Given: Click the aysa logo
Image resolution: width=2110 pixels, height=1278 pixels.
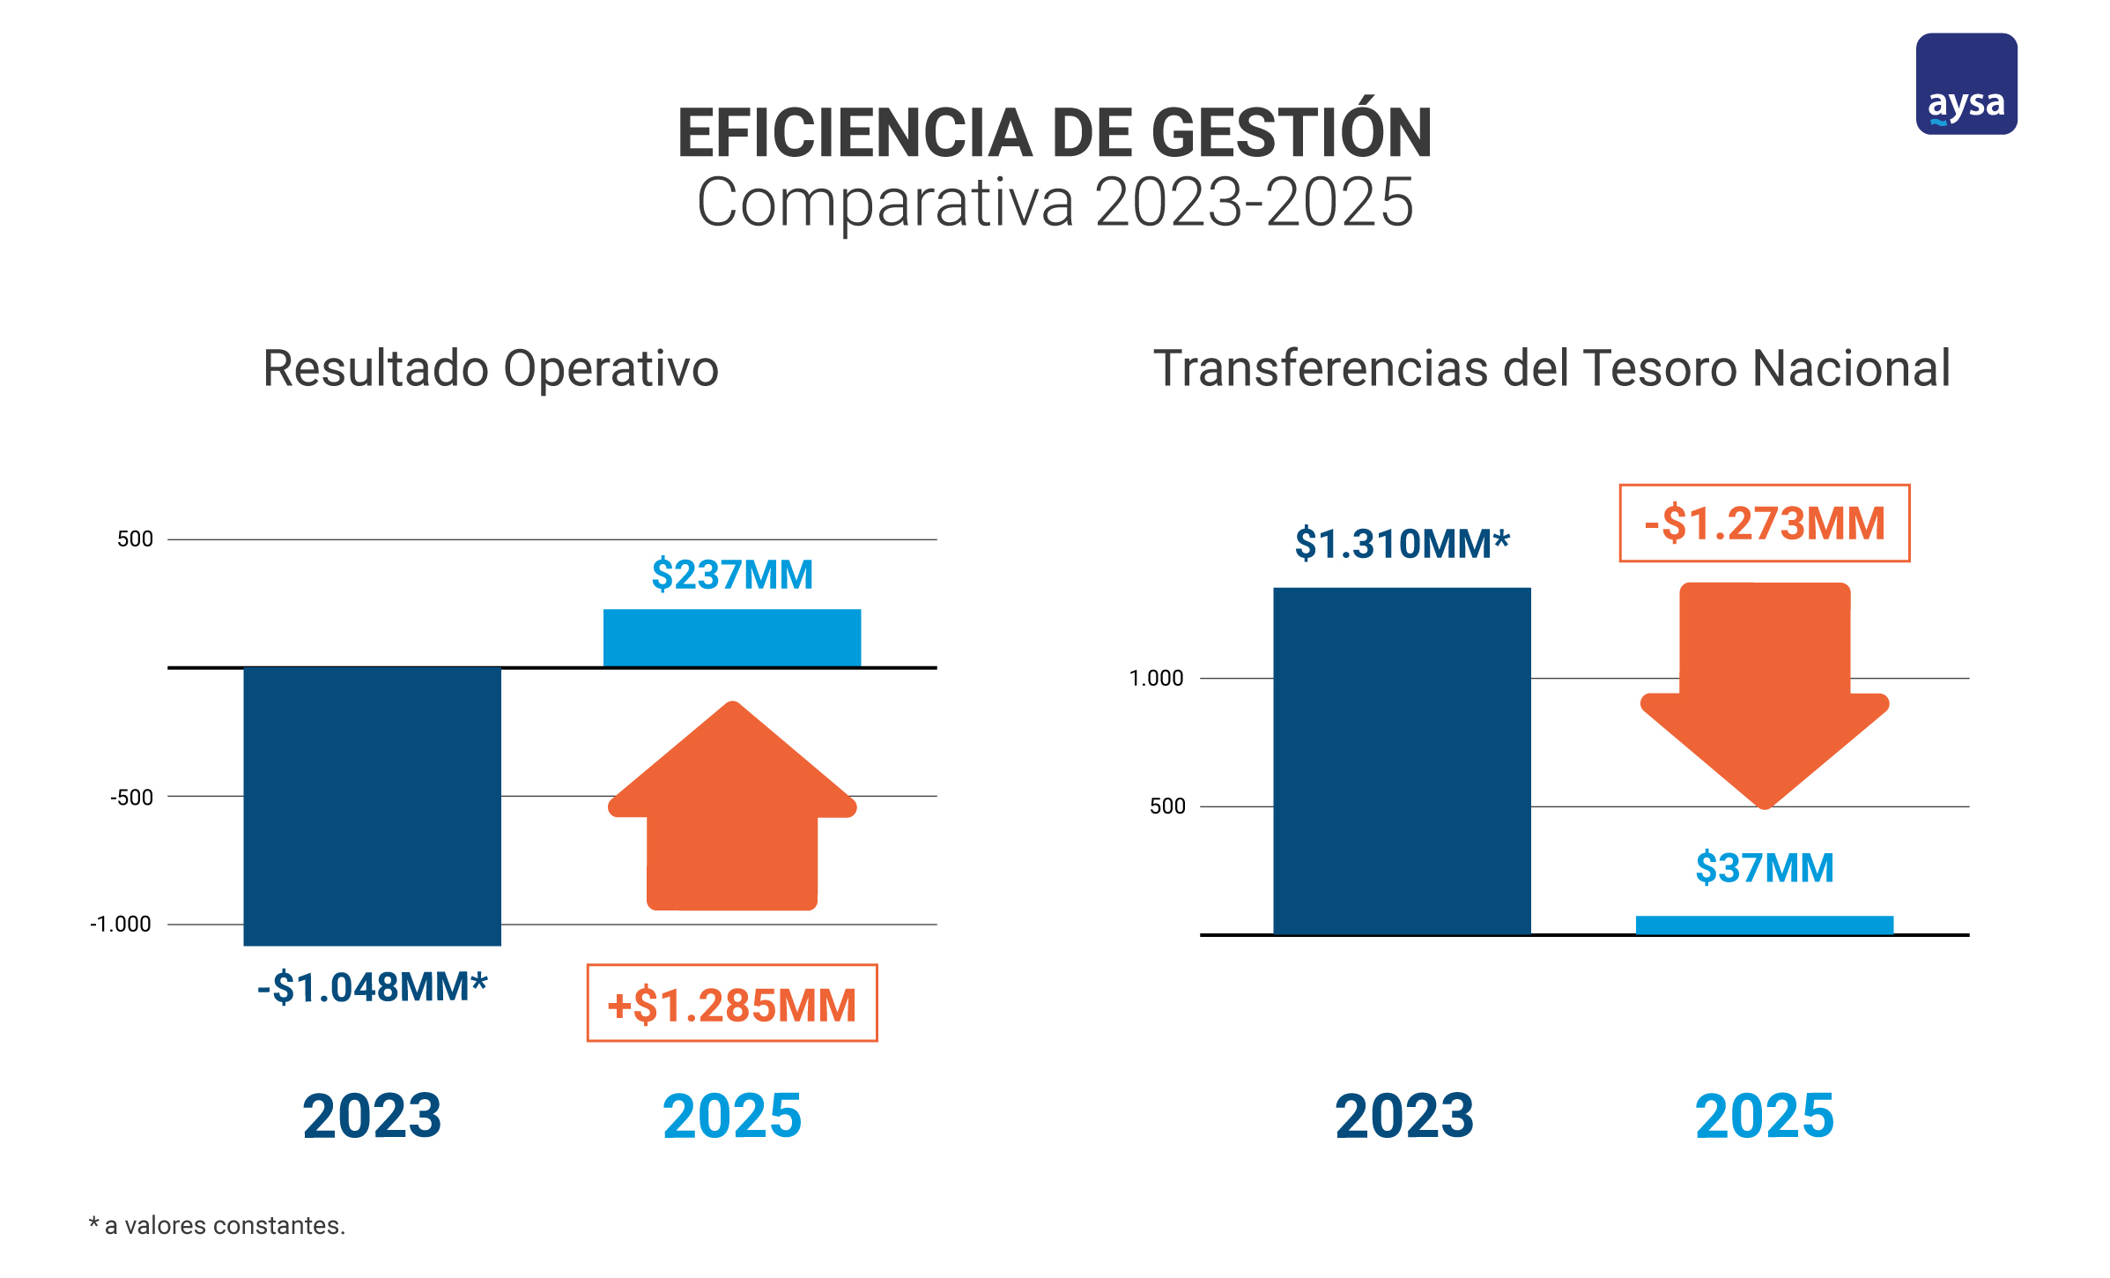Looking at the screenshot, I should (1966, 85).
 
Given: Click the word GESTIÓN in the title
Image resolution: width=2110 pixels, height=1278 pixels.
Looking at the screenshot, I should (1292, 134).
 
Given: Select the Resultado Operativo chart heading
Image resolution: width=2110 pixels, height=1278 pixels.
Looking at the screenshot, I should (491, 368).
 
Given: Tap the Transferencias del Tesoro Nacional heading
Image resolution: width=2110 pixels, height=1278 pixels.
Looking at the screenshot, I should (1551, 368).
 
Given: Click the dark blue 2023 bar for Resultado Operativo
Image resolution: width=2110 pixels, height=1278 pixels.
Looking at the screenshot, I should (372, 806).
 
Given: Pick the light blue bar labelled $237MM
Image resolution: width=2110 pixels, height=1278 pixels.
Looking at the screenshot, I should (731, 637).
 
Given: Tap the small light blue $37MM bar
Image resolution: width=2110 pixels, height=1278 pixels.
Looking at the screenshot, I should (1764, 925).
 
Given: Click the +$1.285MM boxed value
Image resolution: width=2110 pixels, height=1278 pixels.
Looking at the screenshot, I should (732, 1004).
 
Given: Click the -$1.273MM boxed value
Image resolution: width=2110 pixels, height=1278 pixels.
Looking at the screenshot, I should (1764, 523).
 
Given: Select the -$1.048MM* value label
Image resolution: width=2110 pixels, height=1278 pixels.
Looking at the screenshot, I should (372, 986).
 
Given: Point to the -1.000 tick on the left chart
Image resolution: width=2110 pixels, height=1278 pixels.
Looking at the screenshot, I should (121, 924).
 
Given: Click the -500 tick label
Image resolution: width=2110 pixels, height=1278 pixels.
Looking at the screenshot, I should (131, 797).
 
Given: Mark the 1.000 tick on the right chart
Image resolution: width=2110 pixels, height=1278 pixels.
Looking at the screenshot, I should (1156, 678).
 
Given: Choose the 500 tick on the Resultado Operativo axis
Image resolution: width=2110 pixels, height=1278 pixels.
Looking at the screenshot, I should (135, 539).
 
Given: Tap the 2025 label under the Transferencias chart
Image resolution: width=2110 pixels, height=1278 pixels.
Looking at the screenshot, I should (1764, 1116).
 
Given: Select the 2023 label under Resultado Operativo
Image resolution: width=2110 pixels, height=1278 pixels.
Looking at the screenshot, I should (372, 1116).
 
